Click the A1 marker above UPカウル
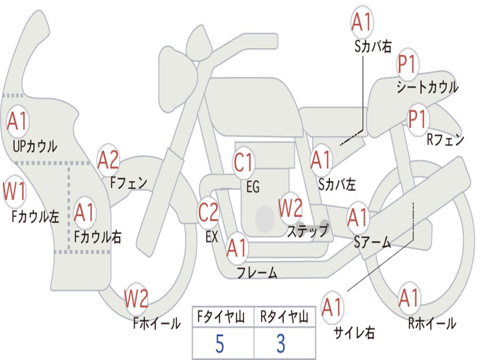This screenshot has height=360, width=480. click(x=17, y=121)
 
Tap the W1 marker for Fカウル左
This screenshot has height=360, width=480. click(x=14, y=192)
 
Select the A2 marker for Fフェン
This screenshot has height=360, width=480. click(x=108, y=160)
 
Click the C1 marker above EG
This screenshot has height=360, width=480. click(x=244, y=162)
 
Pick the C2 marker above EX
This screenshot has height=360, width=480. click(x=209, y=212)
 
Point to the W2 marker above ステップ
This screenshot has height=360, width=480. click(x=290, y=208)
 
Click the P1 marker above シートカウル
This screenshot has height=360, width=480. click(x=407, y=64)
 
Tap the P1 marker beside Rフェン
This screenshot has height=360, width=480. click(x=418, y=119)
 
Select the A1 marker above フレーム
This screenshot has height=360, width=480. click(x=237, y=247)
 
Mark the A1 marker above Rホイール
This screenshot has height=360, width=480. click(x=409, y=298)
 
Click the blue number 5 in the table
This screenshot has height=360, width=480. click(x=219, y=344)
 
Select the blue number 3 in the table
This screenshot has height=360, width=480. click(x=281, y=344)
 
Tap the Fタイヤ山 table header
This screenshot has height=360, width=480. click(x=221, y=317)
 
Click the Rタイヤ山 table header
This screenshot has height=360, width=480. click(x=284, y=317)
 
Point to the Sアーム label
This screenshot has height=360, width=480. click(x=373, y=242)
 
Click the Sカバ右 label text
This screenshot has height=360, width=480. click(x=373, y=46)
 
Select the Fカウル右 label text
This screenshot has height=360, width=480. click(x=98, y=237)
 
